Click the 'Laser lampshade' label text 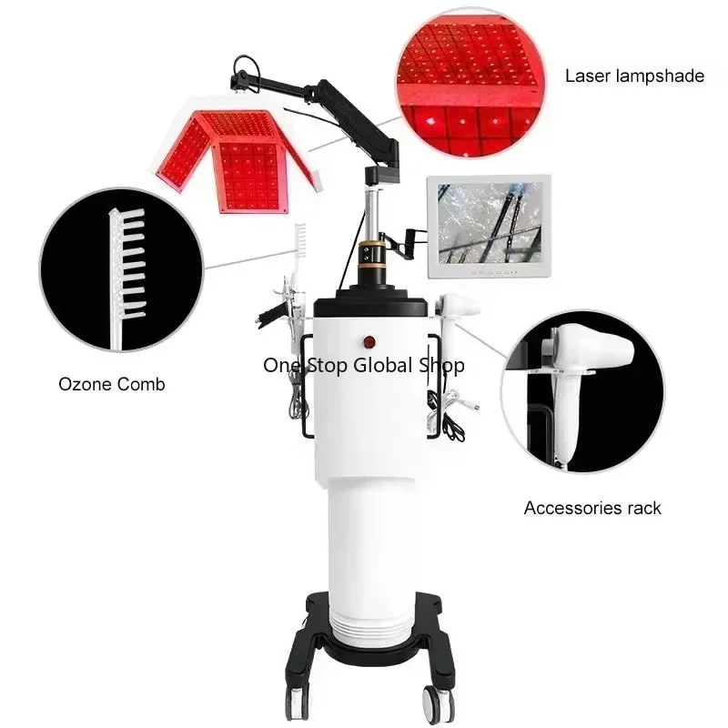click(634, 76)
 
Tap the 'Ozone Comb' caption click(112, 384)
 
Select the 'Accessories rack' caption click(592, 508)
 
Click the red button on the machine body click(369, 342)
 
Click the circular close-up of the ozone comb click(122, 269)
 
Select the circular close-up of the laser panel click(470, 82)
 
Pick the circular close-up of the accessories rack click(582, 392)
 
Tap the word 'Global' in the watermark click(383, 365)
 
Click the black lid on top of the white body click(370, 303)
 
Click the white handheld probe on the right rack click(458, 307)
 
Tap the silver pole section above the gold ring click(372, 214)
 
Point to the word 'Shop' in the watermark click(441, 366)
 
